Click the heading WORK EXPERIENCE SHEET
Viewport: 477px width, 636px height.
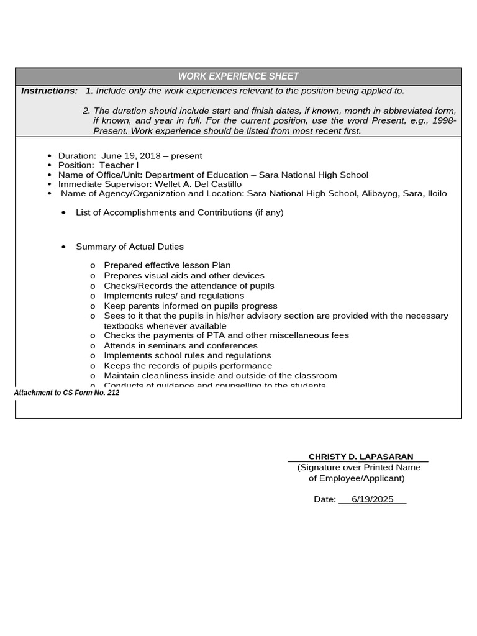238,76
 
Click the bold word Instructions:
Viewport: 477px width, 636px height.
49,91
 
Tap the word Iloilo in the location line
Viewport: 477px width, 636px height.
437,193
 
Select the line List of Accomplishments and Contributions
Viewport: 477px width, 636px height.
179,212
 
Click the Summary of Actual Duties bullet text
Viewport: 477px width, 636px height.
130,247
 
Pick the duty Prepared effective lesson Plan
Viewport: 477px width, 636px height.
167,265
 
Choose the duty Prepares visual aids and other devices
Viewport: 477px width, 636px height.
184,275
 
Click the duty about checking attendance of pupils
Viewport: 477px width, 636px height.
189,286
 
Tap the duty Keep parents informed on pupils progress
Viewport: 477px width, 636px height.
191,306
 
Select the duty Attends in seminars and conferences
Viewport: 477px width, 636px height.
180,345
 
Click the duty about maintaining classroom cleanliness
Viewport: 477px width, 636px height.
220,375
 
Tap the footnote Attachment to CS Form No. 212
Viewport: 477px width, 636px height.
66,393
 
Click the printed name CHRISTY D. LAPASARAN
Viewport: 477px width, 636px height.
360,457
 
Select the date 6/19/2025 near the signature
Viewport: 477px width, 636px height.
372,499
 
